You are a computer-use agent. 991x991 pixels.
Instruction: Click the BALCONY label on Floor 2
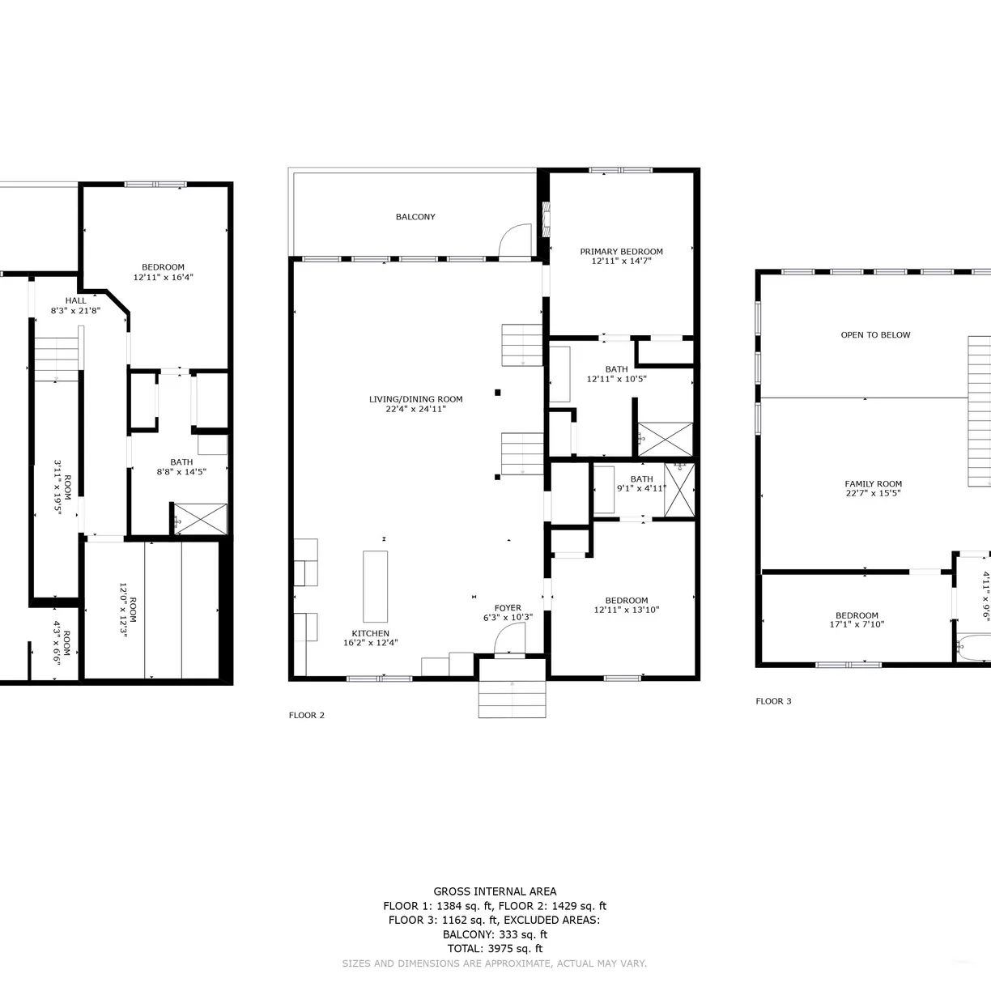coord(415,217)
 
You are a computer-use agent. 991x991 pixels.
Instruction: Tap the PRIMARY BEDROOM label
coord(621,252)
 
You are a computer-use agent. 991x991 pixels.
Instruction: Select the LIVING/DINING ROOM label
coord(415,399)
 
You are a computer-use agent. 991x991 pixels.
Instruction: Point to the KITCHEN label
coord(370,634)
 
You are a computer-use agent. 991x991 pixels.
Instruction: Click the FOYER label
coord(508,608)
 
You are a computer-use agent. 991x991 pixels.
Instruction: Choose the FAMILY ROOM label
coord(874,484)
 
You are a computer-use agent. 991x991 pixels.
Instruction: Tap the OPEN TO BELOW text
coord(875,335)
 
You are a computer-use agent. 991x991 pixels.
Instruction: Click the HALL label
coord(75,301)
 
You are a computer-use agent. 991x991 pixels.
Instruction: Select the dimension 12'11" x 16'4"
coord(163,277)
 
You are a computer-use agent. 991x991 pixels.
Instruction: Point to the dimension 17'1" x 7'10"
coord(857,624)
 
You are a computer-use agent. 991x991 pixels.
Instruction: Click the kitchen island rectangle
coord(376,587)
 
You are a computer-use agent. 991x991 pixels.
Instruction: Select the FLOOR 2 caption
coord(307,716)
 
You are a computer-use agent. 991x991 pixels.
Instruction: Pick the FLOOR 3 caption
coord(773,701)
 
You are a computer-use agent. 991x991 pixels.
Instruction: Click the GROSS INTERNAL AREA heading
coord(495,891)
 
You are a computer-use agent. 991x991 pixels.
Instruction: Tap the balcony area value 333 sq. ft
coord(523,934)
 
